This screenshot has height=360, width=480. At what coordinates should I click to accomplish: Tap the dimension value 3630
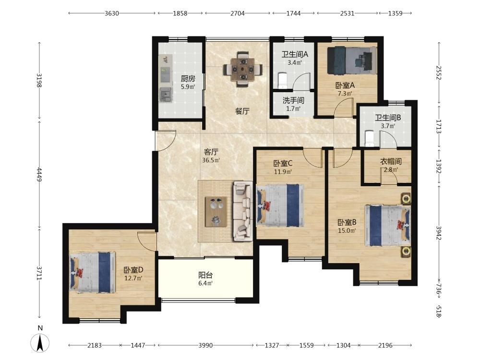pyautogui.click(x=112, y=13)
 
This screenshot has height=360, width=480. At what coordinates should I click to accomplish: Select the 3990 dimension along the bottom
pyautogui.click(x=205, y=345)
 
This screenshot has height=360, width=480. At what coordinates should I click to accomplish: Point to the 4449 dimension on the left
pyautogui.click(x=39, y=174)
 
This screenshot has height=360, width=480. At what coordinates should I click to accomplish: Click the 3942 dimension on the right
pyautogui.click(x=439, y=233)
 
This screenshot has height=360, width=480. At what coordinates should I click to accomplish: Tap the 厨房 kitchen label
pyautogui.click(x=188, y=79)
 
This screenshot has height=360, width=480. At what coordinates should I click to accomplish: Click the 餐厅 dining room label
pyautogui.click(x=242, y=111)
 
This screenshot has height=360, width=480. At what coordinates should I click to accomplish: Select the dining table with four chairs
pyautogui.click(x=242, y=69)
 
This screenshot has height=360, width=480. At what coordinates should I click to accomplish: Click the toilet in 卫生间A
pyautogui.click(x=282, y=80)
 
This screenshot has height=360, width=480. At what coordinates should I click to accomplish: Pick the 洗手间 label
pyautogui.click(x=293, y=100)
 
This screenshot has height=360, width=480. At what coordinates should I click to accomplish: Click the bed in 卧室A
pyautogui.click(x=352, y=60)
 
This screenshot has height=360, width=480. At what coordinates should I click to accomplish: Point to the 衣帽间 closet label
pyautogui.click(x=391, y=161)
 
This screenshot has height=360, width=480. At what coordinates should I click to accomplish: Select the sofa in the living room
pyautogui.click(x=243, y=211)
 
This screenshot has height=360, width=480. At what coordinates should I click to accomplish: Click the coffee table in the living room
pyautogui.click(x=216, y=212)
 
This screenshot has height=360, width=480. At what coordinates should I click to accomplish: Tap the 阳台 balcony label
pyautogui.click(x=205, y=275)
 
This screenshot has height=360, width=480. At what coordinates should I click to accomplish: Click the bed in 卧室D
pyautogui.click(x=93, y=272)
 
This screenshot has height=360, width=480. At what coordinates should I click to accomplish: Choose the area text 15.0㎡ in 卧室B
pyautogui.click(x=347, y=230)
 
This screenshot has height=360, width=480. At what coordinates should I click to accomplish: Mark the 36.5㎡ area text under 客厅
pyautogui.click(x=211, y=160)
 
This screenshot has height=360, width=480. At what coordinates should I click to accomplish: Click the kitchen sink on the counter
pyautogui.click(x=166, y=94)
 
